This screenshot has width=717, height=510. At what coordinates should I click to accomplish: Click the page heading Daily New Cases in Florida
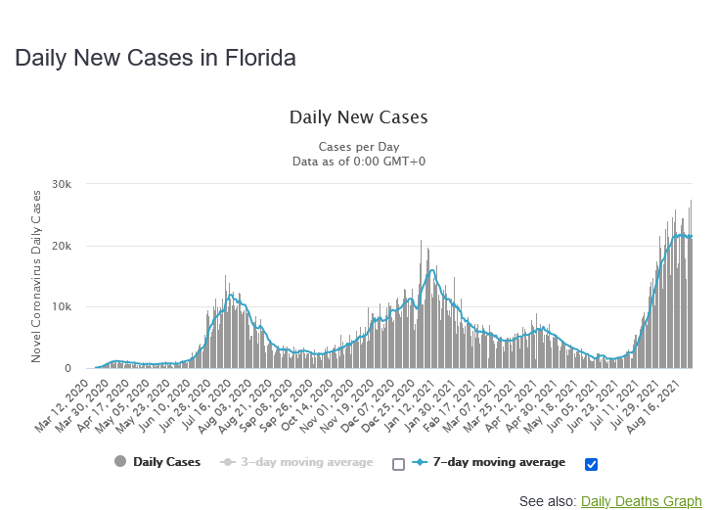tap(156, 58)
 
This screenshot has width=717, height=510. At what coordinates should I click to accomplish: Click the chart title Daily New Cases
tap(359, 117)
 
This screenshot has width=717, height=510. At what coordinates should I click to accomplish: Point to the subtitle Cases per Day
tap(359, 146)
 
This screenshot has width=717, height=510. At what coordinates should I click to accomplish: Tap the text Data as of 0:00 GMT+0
tap(359, 162)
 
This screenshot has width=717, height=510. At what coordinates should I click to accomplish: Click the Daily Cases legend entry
tap(166, 462)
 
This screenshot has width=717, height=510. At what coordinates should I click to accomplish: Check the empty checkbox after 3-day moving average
tap(398, 464)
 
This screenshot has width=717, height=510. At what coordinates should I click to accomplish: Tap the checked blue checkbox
tap(590, 464)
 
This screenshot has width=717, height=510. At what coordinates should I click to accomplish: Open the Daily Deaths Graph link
tap(641, 501)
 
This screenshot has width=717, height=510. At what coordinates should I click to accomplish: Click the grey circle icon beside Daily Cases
tap(120, 462)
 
